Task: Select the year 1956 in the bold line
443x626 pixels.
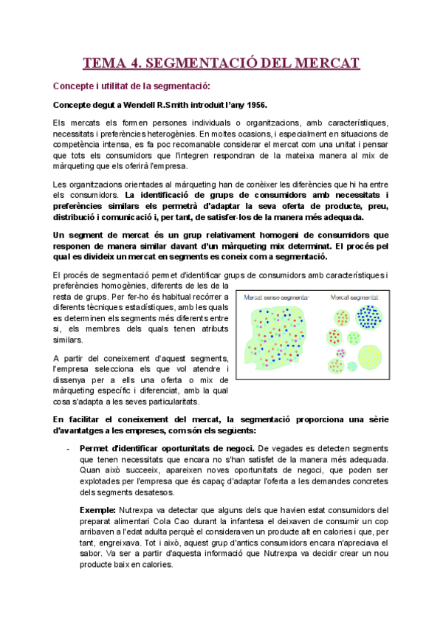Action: tap(254, 105)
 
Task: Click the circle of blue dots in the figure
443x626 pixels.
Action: tap(369, 317)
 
